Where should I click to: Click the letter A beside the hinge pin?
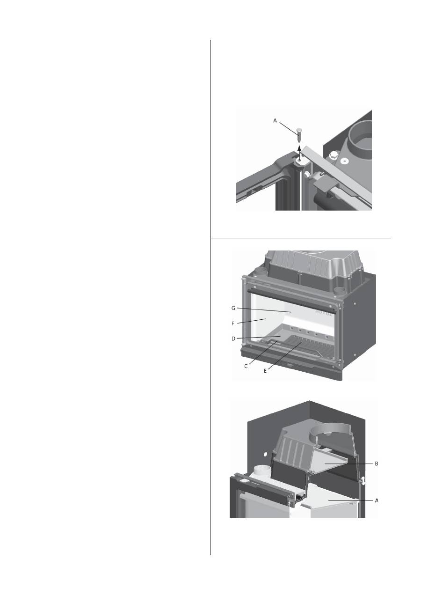(x=275, y=120)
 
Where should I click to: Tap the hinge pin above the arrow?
(x=299, y=135)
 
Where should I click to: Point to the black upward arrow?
(x=299, y=153)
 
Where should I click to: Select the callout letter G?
(x=233, y=308)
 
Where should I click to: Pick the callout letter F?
(x=233, y=324)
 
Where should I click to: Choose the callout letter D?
(x=233, y=338)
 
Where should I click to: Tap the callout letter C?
(x=246, y=366)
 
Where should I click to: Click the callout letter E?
(x=265, y=371)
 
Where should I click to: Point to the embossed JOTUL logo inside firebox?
(x=324, y=312)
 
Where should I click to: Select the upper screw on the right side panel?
(x=356, y=303)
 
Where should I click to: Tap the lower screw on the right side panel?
(x=355, y=355)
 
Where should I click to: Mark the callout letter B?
(x=376, y=464)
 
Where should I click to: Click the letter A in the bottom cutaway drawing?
(x=377, y=500)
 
